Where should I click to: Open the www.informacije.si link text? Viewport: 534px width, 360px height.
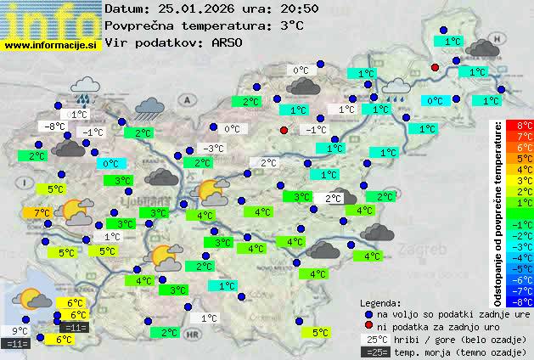(51, 45)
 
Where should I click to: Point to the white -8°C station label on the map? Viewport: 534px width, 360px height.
(54, 127)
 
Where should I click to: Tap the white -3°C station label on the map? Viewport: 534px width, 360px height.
(213, 149)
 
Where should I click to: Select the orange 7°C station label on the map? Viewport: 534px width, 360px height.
(42, 212)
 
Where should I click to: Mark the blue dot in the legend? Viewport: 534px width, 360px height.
(368, 314)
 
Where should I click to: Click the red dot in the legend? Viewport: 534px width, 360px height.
(368, 326)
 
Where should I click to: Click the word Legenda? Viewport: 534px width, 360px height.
(380, 302)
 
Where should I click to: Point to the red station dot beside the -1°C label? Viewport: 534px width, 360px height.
(284, 130)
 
